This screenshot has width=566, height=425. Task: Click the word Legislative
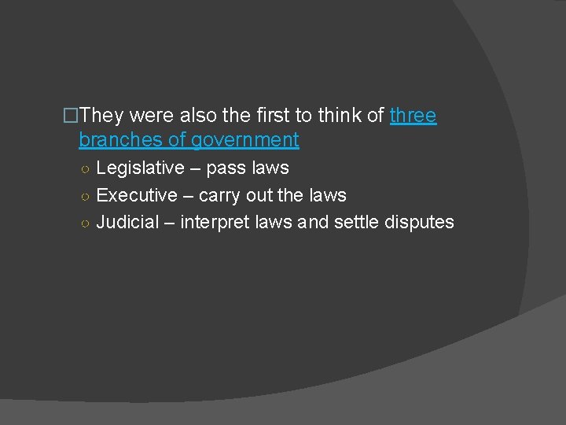point(139,168)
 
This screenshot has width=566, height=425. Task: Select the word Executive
point(136,195)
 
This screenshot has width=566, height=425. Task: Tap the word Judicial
point(127,223)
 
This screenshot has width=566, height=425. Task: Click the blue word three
point(413,116)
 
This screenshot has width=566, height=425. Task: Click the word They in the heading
point(101,116)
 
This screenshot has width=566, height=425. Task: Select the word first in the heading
point(273,116)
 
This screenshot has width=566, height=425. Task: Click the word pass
point(225,168)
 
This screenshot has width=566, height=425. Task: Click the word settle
point(356,223)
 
